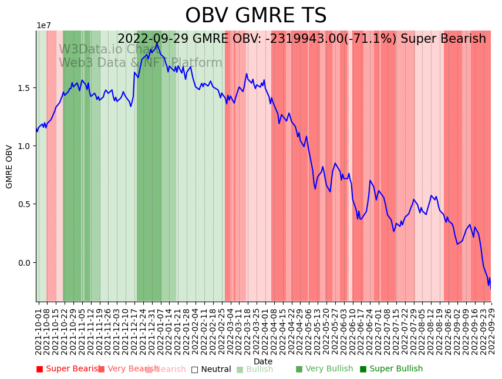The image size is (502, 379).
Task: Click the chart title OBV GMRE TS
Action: tap(255, 16)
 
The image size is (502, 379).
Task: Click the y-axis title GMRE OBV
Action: tap(9, 167)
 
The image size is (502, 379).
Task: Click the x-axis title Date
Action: tap(263, 361)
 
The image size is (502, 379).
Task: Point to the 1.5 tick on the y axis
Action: tap(24, 88)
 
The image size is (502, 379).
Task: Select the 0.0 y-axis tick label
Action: tap(24, 263)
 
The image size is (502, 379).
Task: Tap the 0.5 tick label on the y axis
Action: tap(24, 204)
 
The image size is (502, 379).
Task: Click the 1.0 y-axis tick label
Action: tap(24, 146)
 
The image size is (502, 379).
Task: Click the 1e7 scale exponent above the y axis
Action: tap(43, 25)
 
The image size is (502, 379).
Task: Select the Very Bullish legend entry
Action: tap(324, 369)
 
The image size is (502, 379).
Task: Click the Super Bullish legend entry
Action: tap(391, 369)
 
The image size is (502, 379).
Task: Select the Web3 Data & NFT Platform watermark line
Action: tap(140, 63)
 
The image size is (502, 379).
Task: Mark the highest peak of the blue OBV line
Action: tap(157, 43)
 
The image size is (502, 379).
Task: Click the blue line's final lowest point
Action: tap(490, 287)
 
